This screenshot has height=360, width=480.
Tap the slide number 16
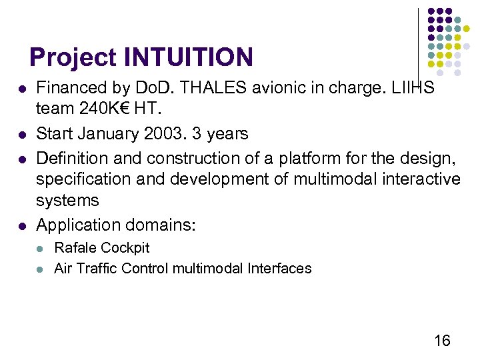[442, 341]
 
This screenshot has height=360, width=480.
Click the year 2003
[161, 134]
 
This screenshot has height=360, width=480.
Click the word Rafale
[73, 248]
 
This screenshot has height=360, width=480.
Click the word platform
[282, 159]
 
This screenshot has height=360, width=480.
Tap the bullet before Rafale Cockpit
[41, 248]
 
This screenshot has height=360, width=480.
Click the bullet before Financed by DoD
[23, 89]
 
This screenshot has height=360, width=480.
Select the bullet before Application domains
[23, 226]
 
